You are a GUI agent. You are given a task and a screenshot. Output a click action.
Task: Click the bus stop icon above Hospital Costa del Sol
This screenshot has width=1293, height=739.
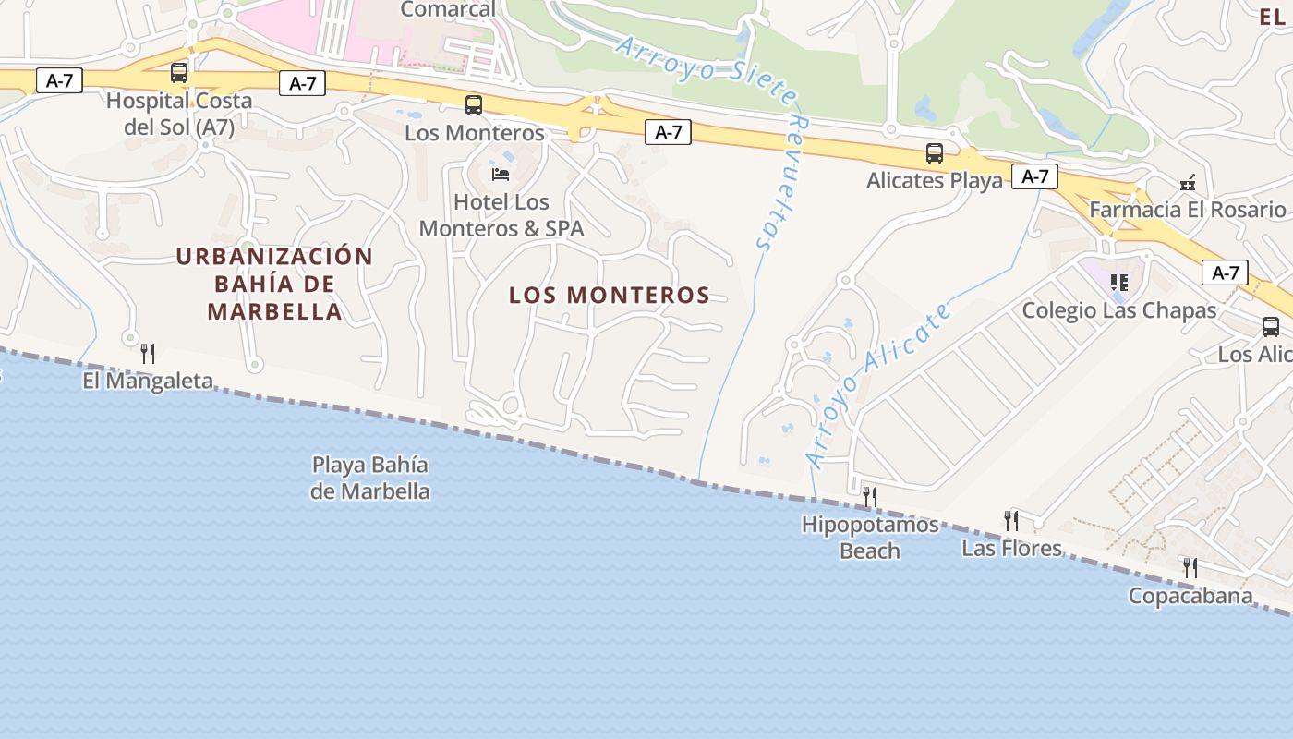[x=179, y=72]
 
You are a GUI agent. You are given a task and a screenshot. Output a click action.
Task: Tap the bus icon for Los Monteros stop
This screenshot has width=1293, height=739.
[x=474, y=105]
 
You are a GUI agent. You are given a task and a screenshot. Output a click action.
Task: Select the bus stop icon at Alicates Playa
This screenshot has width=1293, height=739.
[x=935, y=153]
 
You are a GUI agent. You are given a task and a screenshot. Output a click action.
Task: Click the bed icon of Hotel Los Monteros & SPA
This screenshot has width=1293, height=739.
[x=501, y=174]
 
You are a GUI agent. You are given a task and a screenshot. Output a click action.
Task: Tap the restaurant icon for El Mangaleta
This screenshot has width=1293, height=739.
[x=147, y=353]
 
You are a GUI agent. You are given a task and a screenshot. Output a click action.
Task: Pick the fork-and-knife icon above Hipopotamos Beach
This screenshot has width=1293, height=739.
[x=869, y=497]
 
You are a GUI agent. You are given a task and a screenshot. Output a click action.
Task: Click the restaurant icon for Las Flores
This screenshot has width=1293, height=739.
[x=1011, y=521]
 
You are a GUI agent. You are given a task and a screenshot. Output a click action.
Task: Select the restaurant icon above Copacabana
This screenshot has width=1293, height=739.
[x=1190, y=567]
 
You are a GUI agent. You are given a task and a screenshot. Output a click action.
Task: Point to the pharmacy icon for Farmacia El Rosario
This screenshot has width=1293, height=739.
[x=1188, y=183]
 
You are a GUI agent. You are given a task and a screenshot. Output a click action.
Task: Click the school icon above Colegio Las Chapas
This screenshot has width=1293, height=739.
[x=1119, y=283]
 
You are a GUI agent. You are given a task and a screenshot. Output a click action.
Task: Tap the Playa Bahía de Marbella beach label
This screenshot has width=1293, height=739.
[x=369, y=478]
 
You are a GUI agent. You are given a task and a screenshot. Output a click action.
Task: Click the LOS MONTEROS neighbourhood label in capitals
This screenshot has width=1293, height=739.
[x=610, y=296]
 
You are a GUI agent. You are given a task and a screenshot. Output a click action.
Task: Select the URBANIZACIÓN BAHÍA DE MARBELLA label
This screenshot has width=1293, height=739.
[x=274, y=284]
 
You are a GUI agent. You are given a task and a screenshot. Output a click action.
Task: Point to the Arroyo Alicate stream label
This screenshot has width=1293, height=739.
[x=877, y=385]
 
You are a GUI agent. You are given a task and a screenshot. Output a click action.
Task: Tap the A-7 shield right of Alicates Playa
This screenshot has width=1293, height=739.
[x=1034, y=176]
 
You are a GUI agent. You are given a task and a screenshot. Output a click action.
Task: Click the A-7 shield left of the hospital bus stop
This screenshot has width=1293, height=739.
[x=59, y=80]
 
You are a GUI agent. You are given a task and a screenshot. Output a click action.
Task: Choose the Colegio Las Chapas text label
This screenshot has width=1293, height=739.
[x=1118, y=310]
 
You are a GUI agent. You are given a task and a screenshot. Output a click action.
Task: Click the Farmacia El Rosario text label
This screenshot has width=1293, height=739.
[x=1187, y=210]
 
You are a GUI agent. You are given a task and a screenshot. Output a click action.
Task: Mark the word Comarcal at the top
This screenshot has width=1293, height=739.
[x=447, y=9]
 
